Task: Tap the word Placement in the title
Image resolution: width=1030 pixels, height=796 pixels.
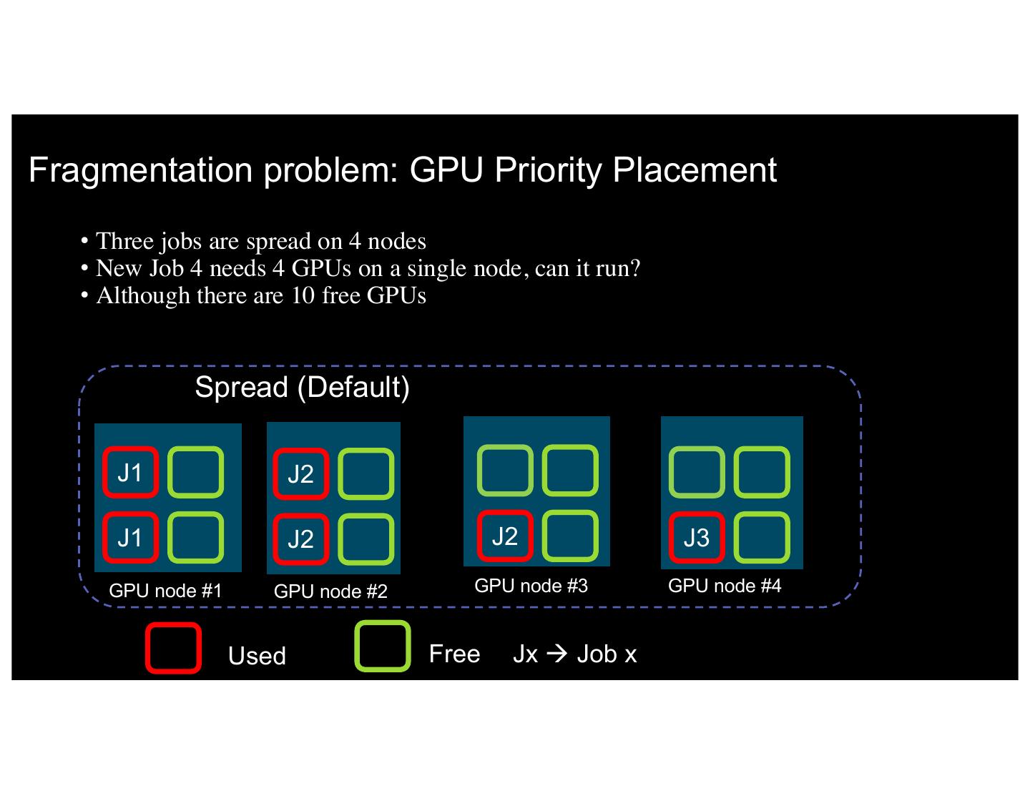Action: coord(694,170)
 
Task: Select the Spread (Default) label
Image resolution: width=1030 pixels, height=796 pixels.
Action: coord(302,387)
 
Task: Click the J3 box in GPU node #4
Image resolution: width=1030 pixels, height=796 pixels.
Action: coord(696,537)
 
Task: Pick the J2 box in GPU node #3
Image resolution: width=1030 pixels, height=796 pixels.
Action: coord(504,536)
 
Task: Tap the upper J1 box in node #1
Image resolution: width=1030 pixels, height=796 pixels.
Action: coord(129,472)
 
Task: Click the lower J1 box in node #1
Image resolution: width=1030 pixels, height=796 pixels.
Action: coord(129,537)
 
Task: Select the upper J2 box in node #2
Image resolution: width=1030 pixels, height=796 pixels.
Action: coord(300,473)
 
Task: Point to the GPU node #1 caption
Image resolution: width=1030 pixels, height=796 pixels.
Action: coord(165,591)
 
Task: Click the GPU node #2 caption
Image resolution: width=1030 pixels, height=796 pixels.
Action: coord(330,591)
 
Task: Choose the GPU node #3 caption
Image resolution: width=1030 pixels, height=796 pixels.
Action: coord(531,586)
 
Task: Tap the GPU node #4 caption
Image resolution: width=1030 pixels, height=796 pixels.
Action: coord(725,586)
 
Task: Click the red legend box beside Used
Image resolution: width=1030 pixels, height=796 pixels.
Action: coord(173,648)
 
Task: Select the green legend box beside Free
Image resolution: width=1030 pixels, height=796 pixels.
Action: coord(383,647)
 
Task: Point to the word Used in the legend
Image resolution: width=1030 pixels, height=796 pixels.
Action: coord(257,656)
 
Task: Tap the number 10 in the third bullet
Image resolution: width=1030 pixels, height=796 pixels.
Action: coord(303,295)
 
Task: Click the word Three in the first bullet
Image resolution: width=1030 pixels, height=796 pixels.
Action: coord(124,241)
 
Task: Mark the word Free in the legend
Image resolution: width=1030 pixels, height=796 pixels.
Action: coord(454,654)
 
